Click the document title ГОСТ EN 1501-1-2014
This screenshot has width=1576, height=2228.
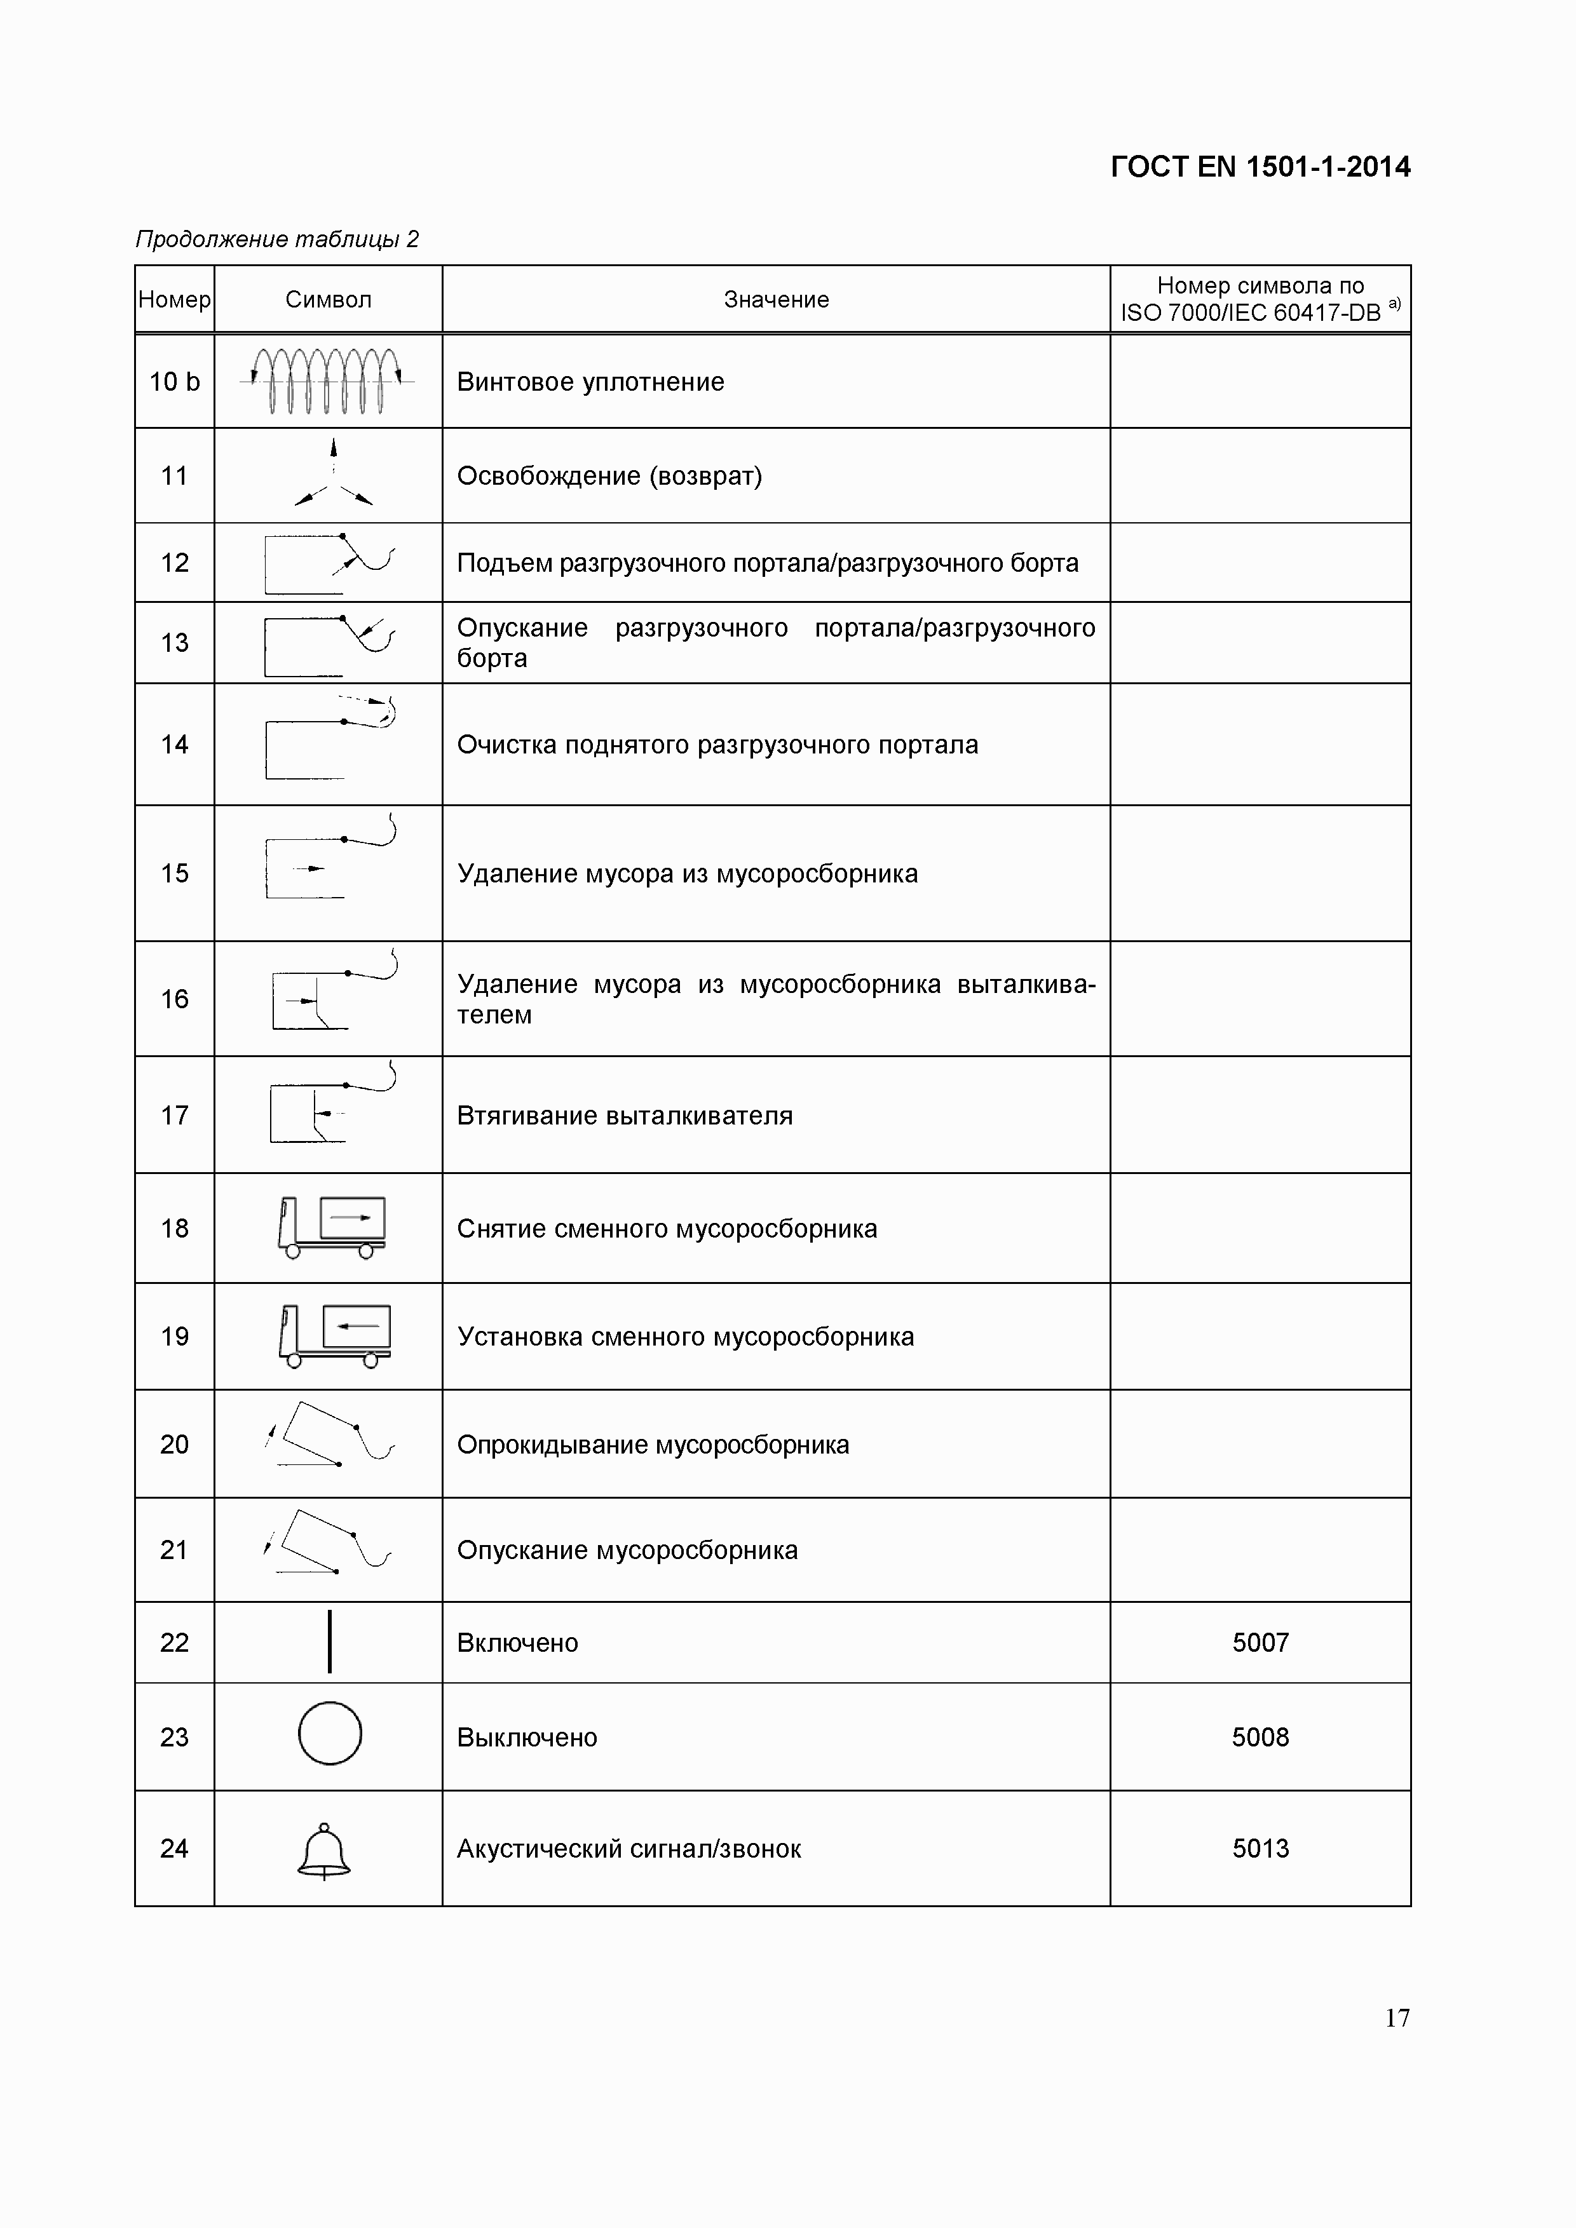(x=1260, y=167)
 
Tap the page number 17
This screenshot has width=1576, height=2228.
(x=1396, y=2018)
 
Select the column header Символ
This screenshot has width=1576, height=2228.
(x=328, y=300)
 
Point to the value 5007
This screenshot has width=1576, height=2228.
(x=1260, y=1643)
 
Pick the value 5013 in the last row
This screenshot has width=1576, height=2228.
(x=1260, y=1849)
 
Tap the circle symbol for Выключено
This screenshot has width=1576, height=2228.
(x=330, y=1733)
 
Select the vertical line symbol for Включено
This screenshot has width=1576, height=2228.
(x=330, y=1642)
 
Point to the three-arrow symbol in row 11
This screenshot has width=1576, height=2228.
(x=333, y=475)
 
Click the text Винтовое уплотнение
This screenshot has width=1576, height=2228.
(x=590, y=382)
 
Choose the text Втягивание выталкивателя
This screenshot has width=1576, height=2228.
(x=624, y=1116)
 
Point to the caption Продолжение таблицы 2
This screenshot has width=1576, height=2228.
(x=276, y=239)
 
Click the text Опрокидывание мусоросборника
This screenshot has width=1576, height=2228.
(x=652, y=1445)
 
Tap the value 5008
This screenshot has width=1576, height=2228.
(x=1260, y=1737)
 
